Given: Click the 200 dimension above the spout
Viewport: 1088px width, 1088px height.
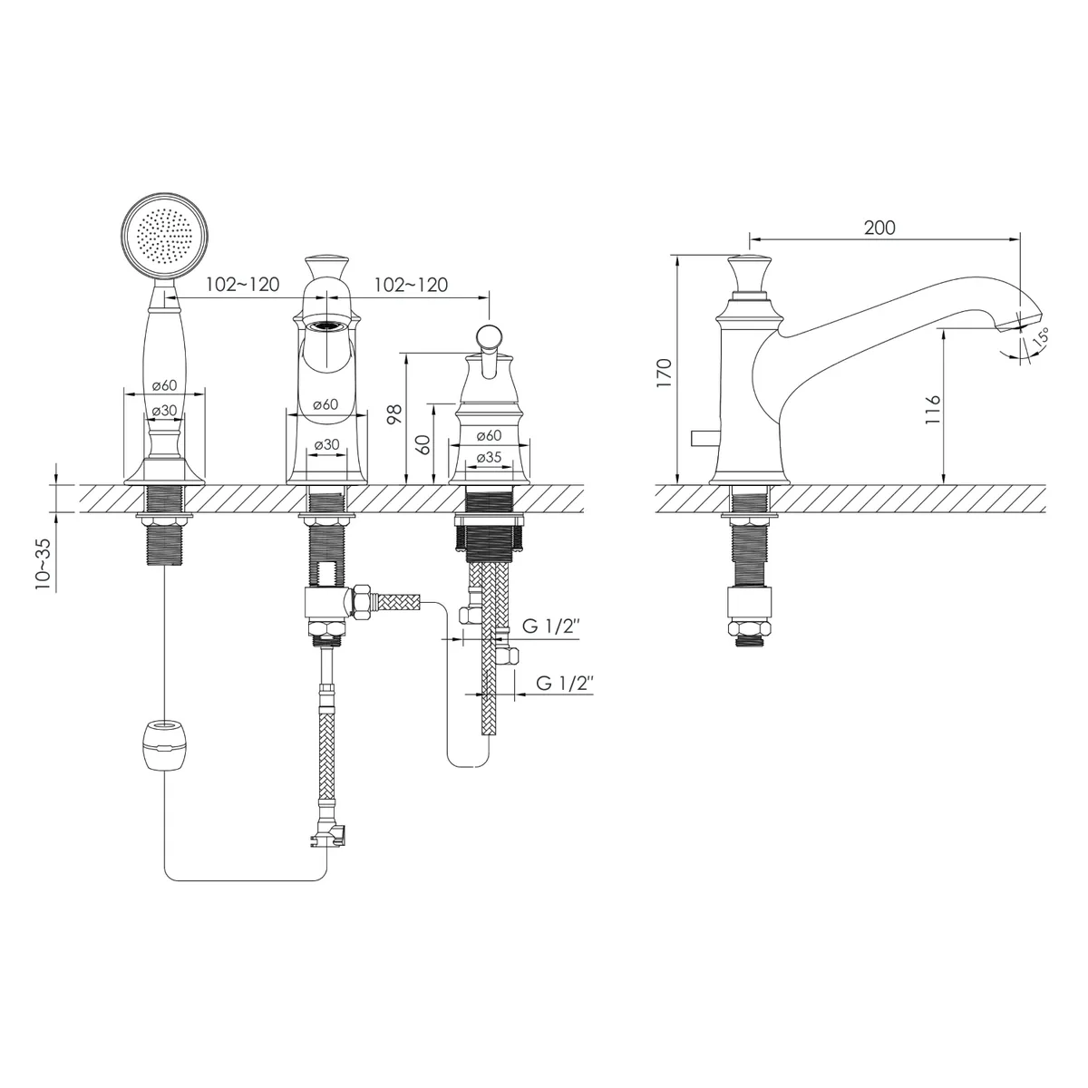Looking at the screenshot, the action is [x=879, y=228].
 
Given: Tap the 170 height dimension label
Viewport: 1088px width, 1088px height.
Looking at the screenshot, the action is [x=665, y=372].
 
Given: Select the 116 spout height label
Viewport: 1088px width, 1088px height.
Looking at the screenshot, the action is [x=932, y=410].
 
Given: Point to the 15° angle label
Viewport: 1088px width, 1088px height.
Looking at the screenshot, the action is [x=1041, y=338].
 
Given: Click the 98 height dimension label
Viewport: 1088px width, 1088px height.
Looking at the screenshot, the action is [x=396, y=413].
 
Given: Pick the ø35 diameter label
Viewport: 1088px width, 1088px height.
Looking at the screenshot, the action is [x=489, y=457].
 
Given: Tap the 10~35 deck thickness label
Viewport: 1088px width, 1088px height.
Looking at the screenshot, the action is [x=43, y=563].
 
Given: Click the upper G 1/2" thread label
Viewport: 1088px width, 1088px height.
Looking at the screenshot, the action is [x=551, y=627].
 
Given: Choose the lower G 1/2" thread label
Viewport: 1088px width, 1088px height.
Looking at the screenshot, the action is [x=565, y=684].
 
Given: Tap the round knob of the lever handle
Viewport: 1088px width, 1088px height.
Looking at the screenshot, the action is [x=489, y=337].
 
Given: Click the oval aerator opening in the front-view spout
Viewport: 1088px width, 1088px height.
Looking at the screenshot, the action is [x=327, y=325].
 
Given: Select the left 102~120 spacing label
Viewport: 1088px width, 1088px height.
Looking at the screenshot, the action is [x=242, y=285].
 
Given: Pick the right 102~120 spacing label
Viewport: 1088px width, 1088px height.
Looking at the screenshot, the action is [x=411, y=285].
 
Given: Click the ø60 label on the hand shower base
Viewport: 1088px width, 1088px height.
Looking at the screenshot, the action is [x=164, y=385].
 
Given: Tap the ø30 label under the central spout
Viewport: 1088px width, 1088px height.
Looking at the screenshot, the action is [x=327, y=444].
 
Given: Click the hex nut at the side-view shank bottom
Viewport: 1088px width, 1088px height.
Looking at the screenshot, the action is [x=749, y=628].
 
